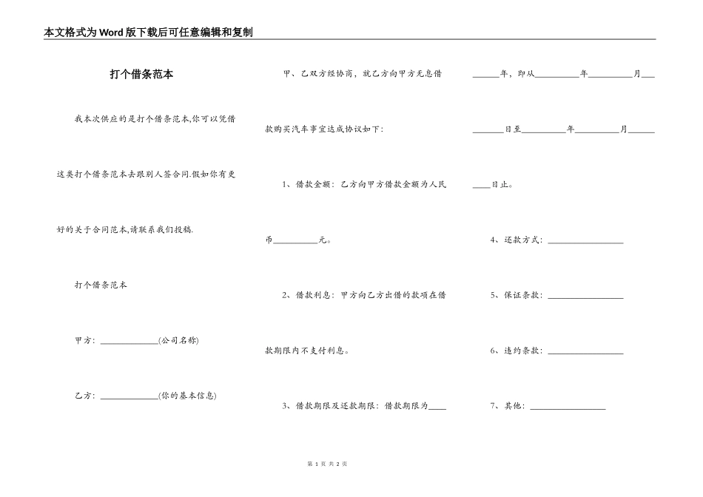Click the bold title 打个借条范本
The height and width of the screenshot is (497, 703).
(141, 75)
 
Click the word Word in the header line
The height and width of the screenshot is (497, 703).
(113, 33)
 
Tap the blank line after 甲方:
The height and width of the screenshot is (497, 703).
(128, 341)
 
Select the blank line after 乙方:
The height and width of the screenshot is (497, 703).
(128, 396)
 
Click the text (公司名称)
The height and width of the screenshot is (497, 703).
(178, 340)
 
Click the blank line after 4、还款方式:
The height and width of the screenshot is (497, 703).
(585, 241)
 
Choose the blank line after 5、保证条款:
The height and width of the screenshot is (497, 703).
(585, 297)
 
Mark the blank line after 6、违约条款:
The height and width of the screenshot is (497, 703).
(585, 352)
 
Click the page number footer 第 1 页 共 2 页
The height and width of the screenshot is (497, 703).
(327, 464)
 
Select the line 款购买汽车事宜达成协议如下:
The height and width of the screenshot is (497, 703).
(324, 129)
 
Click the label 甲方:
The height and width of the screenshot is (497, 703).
(85, 340)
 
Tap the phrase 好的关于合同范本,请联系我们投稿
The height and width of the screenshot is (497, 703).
(126, 229)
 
